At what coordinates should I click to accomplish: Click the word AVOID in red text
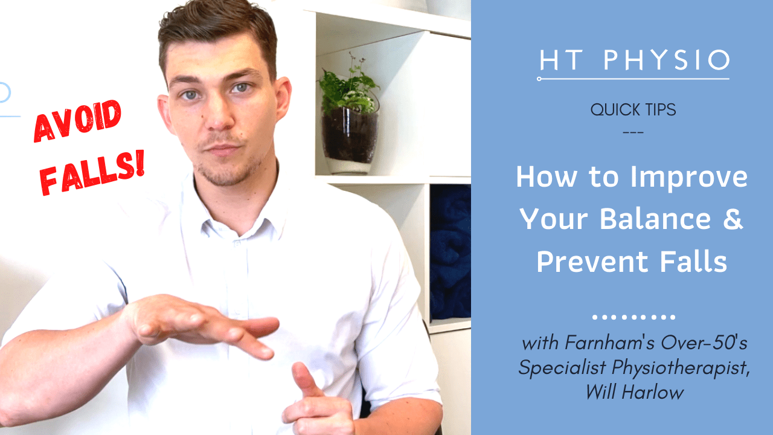click(77, 121)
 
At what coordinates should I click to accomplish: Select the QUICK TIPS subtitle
click(633, 111)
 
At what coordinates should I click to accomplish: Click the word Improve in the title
click(688, 178)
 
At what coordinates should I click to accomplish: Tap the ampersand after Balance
click(733, 220)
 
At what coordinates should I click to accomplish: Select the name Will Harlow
click(634, 392)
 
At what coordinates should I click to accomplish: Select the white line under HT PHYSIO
click(633, 79)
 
